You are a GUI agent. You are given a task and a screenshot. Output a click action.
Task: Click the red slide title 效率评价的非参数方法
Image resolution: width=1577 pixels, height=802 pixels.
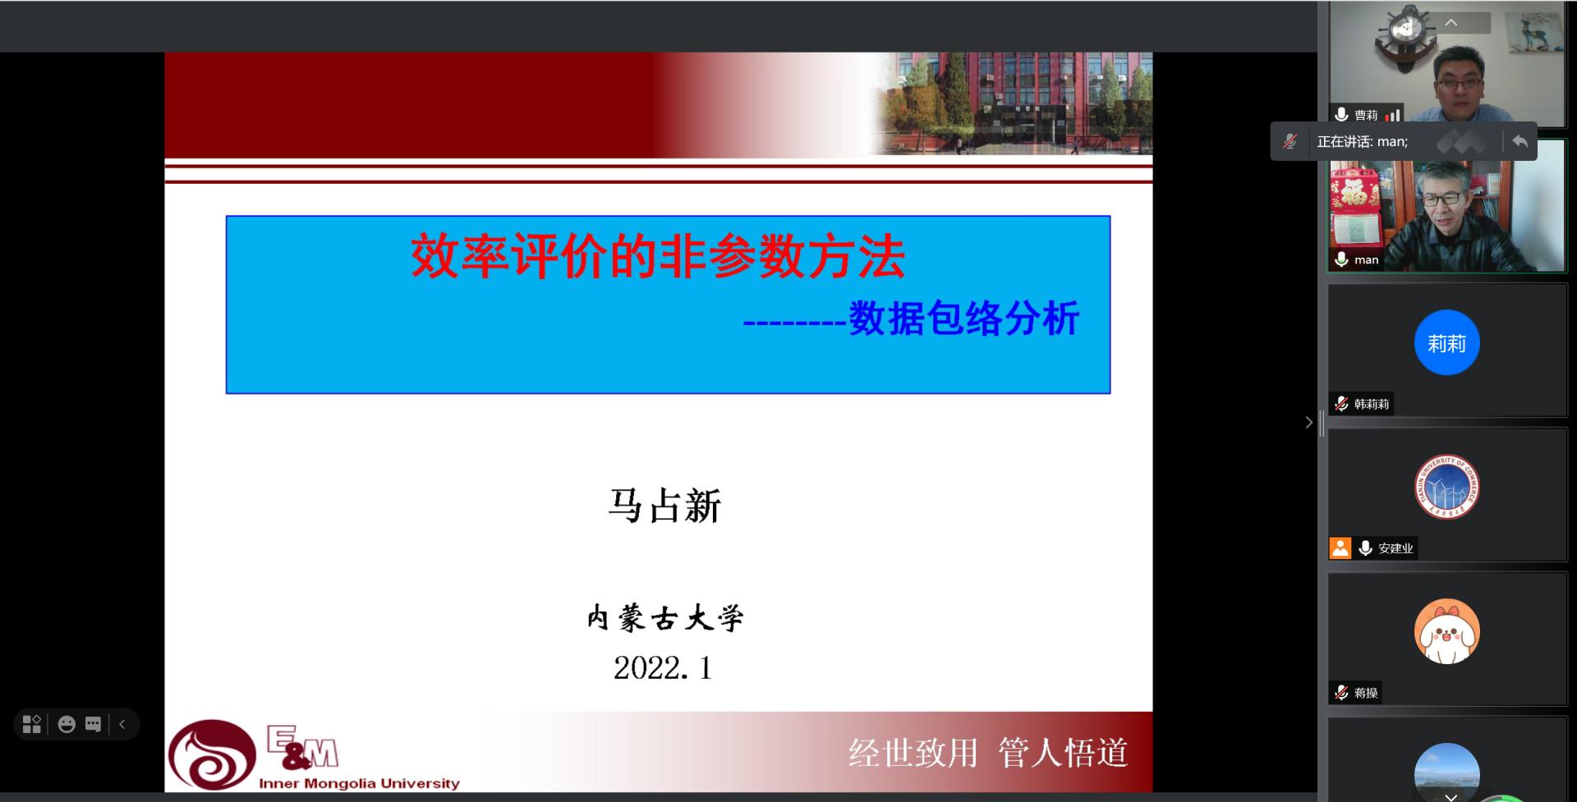coord(658,256)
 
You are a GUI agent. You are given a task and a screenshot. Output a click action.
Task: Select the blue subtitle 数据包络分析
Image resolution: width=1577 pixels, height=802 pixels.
coord(964,319)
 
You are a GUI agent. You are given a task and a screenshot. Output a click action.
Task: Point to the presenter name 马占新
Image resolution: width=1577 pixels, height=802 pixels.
coord(665,506)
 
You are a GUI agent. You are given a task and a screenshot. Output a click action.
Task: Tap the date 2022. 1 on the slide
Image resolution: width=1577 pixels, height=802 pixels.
coord(663,667)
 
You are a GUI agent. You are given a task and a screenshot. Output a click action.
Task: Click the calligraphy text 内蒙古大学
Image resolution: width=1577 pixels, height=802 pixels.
coord(665,618)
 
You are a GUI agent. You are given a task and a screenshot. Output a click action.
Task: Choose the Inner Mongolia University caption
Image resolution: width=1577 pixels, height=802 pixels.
coord(359,783)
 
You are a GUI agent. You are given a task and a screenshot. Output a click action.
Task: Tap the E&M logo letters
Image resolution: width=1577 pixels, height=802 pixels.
coord(302,747)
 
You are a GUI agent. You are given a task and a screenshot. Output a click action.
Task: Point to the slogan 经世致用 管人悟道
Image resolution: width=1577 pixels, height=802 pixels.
coord(988,753)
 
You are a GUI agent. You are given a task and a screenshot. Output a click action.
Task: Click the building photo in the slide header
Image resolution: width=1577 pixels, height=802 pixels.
coord(1012,103)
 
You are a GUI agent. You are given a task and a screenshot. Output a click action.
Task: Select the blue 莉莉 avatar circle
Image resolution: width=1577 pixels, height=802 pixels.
coord(1446,342)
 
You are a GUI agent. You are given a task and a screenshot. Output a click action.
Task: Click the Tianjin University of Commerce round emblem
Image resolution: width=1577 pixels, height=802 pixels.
coord(1446,487)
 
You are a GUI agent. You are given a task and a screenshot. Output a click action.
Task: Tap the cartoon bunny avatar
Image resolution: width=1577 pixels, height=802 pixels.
coord(1446,631)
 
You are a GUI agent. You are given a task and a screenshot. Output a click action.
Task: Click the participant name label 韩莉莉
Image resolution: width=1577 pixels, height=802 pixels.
coord(1372,404)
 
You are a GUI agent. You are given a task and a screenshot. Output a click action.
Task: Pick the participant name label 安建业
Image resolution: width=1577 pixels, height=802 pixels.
coord(1395,548)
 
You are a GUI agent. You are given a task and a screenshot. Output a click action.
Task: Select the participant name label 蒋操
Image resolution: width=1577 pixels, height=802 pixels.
coord(1366,693)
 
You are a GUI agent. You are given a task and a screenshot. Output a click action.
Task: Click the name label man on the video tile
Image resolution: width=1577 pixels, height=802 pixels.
coord(1367,259)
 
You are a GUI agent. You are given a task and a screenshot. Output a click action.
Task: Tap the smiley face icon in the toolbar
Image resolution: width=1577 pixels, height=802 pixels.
coord(67,724)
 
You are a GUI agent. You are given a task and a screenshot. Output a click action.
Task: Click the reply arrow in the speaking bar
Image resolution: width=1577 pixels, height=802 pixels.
coord(1520,141)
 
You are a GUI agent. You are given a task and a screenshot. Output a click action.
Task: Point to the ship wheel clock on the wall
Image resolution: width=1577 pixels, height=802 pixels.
coord(1406,31)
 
